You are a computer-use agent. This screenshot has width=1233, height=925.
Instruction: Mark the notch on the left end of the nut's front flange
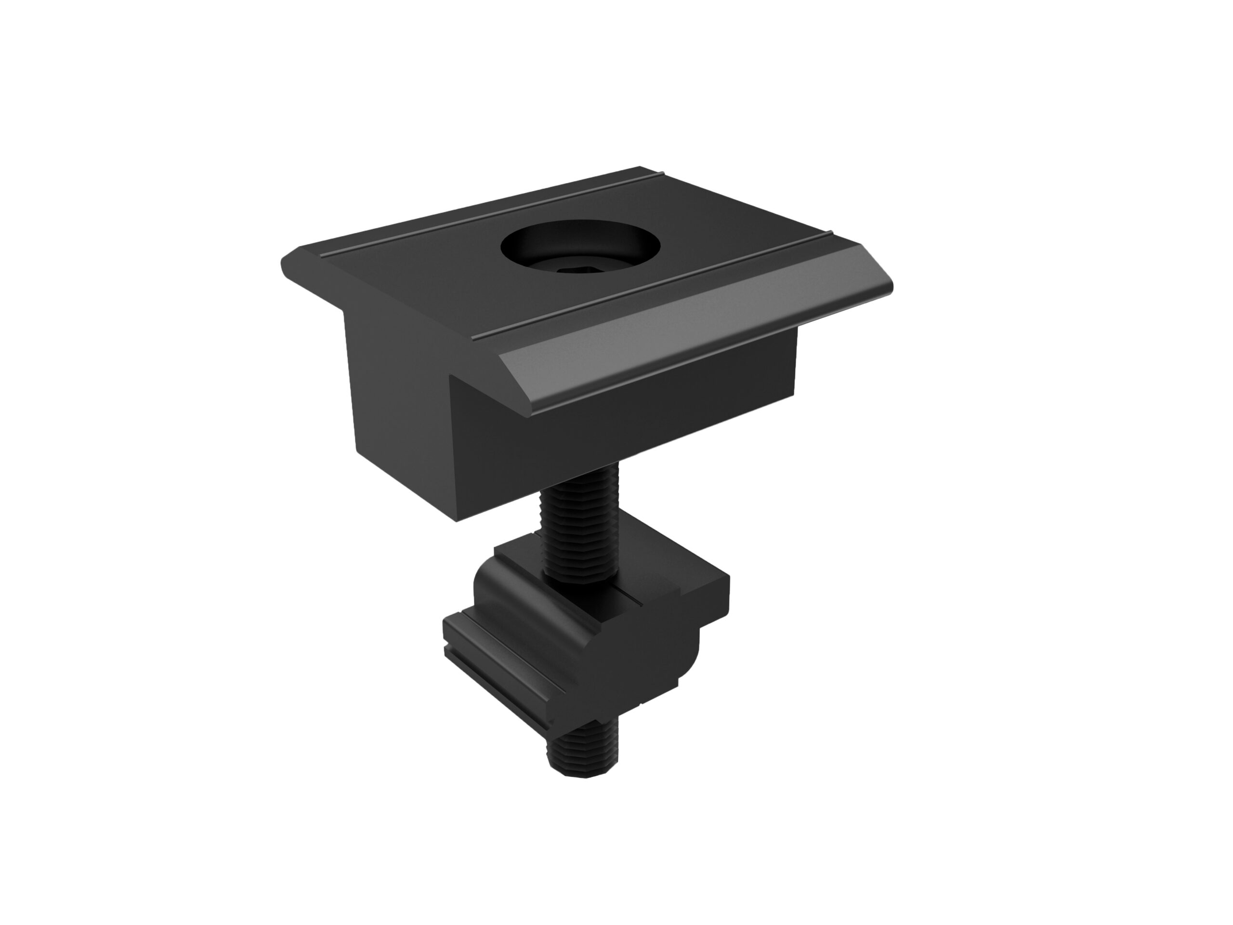click(x=449, y=649)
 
